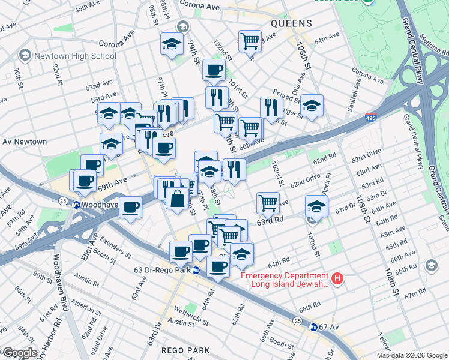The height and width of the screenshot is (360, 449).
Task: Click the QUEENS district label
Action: click(x=291, y=23)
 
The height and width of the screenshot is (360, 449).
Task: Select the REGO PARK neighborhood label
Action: click(x=185, y=350)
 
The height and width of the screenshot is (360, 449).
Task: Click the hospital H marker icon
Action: click(x=338, y=278)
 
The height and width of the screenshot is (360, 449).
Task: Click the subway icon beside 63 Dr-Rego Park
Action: click(x=196, y=270)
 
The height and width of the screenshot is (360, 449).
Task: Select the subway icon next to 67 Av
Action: click(x=313, y=327)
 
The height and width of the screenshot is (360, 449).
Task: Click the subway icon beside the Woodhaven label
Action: click(x=77, y=205)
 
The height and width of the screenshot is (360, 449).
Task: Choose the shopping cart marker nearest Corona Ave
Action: click(x=250, y=41)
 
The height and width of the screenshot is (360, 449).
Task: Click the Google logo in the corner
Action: click(x=20, y=353)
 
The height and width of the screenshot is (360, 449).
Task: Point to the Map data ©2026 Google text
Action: click(x=412, y=355)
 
